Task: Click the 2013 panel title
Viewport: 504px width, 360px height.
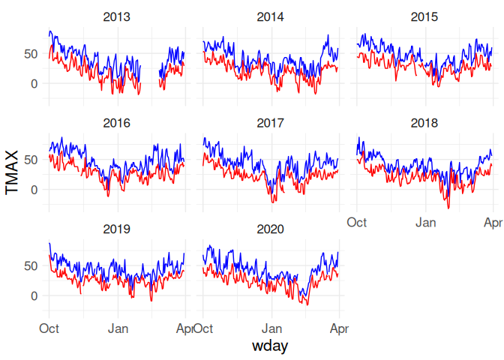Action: tap(118, 16)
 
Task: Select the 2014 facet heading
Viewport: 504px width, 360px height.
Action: tap(271, 16)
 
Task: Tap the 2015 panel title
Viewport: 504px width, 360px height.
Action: tap(424, 16)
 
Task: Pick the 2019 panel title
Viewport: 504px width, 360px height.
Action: tap(118, 229)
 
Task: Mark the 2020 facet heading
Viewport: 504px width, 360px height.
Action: tap(271, 229)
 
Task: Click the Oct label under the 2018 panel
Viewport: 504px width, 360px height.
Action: tap(356, 222)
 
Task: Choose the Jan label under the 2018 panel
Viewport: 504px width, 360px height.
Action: tap(427, 222)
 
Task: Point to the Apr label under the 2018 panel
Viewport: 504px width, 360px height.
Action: tap(492, 222)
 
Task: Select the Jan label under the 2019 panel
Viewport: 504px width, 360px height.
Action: tap(118, 328)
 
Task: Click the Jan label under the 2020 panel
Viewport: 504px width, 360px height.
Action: tap(273, 328)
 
